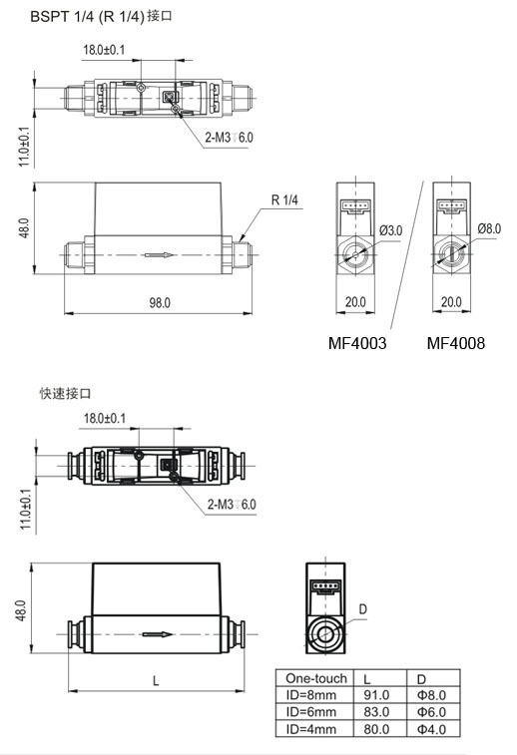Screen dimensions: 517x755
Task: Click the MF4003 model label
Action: (357, 343)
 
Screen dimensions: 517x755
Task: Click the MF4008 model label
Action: (456, 343)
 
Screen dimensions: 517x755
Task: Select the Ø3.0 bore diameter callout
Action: (391, 230)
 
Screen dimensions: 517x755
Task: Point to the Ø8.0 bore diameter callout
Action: (489, 228)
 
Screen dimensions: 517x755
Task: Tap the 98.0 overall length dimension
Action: (160, 302)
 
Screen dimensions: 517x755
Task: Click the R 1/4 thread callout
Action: (284, 199)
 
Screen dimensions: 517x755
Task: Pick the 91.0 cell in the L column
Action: (376, 695)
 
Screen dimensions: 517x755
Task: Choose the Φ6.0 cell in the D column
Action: (432, 712)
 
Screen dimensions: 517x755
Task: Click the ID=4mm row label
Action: (310, 729)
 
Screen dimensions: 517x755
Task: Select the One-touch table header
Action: (316, 678)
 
